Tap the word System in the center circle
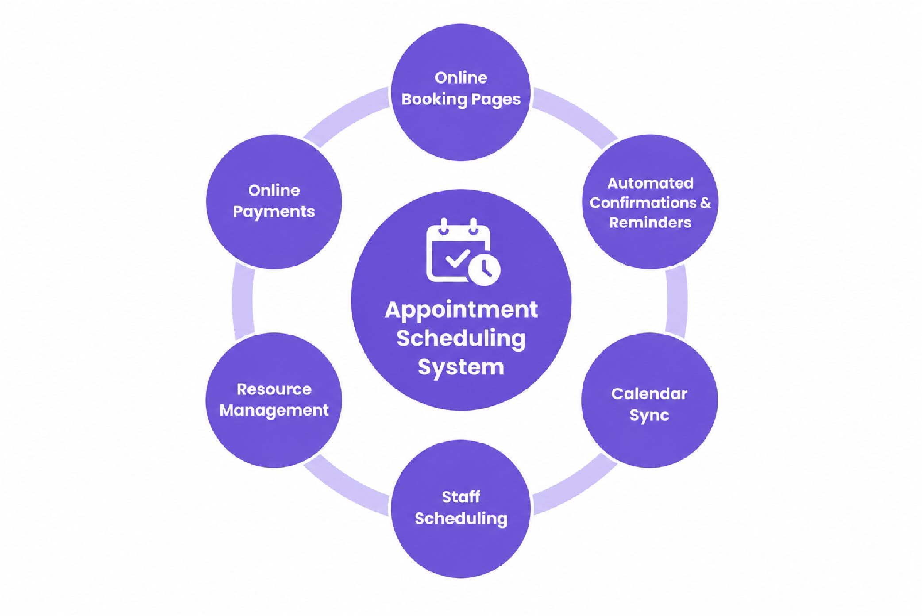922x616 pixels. pyautogui.click(x=461, y=367)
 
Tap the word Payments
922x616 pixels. pyautogui.click(x=274, y=212)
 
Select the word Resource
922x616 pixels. pyautogui.click(x=274, y=389)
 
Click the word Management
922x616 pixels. pyautogui.click(x=274, y=411)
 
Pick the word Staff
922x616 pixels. pyautogui.click(x=461, y=497)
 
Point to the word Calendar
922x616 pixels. pyautogui.click(x=649, y=393)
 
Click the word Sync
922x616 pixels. pyautogui.click(x=649, y=416)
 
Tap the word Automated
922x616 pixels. pyautogui.click(x=650, y=183)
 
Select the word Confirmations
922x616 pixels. pyautogui.click(x=643, y=203)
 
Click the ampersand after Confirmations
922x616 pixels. pyautogui.click(x=705, y=203)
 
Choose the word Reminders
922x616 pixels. pyautogui.click(x=650, y=223)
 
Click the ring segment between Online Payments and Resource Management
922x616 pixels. pyautogui.click(x=243, y=301)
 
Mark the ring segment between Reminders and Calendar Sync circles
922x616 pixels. pyautogui.click(x=677, y=301)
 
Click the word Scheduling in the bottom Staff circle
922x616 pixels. pyautogui.click(x=461, y=519)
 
